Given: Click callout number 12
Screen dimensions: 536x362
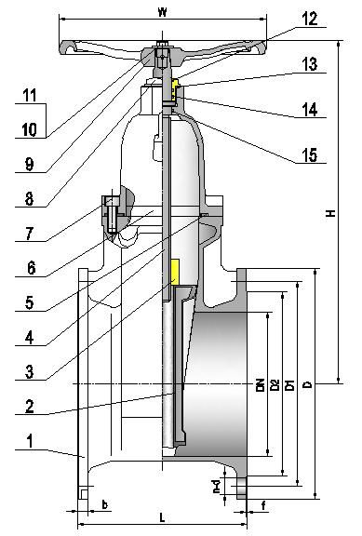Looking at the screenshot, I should tap(309, 18).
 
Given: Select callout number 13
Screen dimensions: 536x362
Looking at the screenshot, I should tap(309, 64).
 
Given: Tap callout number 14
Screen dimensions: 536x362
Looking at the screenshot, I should tap(309, 110).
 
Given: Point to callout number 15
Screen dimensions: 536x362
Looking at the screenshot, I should tap(309, 155).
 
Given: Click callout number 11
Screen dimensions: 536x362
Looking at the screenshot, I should tap(29, 96).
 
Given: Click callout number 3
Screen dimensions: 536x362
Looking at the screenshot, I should tap(29, 371).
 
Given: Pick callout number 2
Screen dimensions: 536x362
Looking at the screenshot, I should tap(29, 406).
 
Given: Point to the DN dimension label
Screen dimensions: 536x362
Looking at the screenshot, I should tap(260, 384).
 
